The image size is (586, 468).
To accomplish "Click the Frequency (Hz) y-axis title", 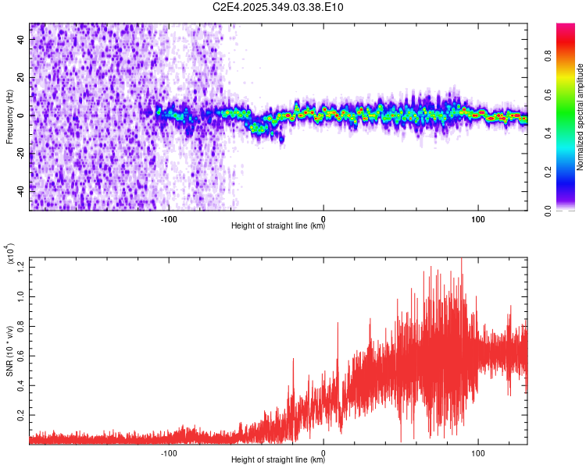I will click(x=10, y=117).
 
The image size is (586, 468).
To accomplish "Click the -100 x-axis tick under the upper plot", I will click(x=170, y=218).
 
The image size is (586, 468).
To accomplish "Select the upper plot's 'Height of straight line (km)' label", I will click(x=278, y=226).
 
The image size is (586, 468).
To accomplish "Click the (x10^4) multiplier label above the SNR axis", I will click(x=11, y=254).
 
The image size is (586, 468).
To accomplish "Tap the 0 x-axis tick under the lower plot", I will click(x=323, y=452).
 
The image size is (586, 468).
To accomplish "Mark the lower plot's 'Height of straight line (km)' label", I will click(x=278, y=460).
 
